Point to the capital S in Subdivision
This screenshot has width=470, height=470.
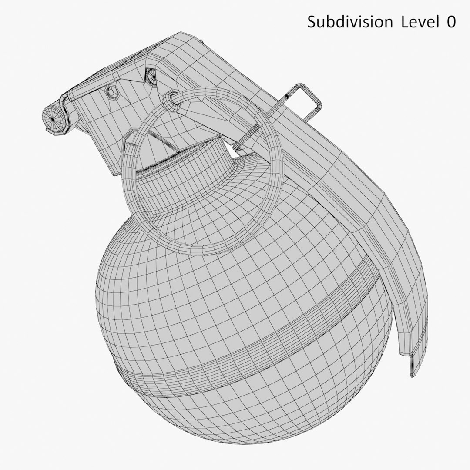pos(312,22)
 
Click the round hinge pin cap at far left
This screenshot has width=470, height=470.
pos(52,117)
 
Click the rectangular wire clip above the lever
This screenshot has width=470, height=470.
pos(305,100)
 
